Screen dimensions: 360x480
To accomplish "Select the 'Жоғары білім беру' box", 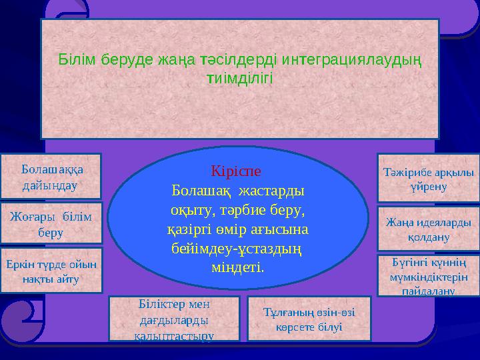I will (x=51, y=223).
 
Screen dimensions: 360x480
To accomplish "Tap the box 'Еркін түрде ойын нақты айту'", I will (x=51, y=271).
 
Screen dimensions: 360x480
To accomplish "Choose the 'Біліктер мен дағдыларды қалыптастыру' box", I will (x=173, y=319).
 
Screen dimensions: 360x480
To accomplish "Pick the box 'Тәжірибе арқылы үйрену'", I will (x=428, y=178).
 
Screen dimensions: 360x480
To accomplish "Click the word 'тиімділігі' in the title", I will (x=240, y=78).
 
